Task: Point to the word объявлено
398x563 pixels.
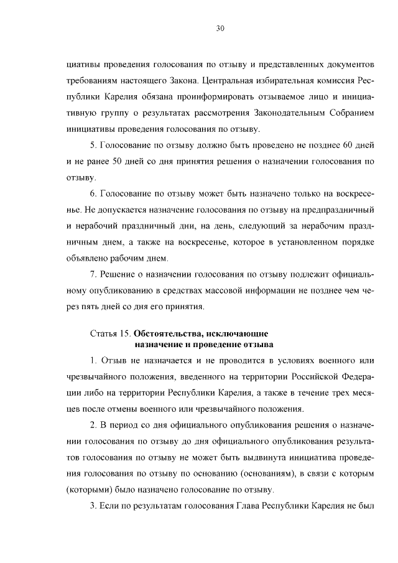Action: tap(86, 258)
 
